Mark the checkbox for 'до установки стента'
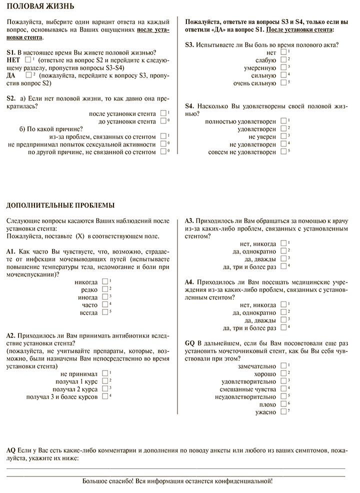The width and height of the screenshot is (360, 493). [x=163, y=121]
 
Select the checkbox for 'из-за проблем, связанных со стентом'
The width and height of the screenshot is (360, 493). [x=163, y=136]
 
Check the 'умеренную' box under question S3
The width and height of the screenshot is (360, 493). [x=283, y=67]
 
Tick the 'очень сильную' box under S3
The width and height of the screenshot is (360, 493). [x=283, y=82]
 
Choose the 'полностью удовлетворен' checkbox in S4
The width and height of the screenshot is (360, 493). [x=283, y=121]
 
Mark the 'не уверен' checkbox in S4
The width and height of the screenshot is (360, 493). [x=283, y=136]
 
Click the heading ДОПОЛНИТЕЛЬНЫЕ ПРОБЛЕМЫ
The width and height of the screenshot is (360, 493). [x=60, y=204]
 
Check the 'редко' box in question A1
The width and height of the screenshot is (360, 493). [x=104, y=289]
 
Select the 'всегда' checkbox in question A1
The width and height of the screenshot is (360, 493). [x=104, y=312]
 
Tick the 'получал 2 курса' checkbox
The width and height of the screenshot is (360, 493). [x=104, y=388]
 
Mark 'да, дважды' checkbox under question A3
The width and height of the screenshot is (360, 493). [x=283, y=259]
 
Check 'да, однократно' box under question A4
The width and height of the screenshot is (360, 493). [x=283, y=312]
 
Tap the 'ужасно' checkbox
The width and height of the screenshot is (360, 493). [x=283, y=412]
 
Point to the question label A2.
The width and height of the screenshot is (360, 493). [x=12, y=335]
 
